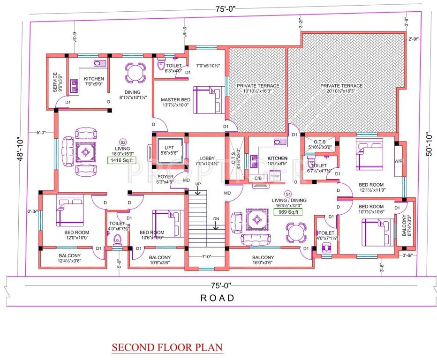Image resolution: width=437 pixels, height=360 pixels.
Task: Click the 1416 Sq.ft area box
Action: [121, 160]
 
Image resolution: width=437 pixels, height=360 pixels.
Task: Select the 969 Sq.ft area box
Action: [288, 211]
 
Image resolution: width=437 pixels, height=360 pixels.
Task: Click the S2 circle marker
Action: [123, 142]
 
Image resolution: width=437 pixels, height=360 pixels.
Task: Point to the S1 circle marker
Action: [287, 194]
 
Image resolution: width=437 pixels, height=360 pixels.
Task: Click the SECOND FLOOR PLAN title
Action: [167, 348]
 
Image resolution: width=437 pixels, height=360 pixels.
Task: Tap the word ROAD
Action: [217, 298]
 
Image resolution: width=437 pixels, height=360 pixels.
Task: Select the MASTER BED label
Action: [175, 100]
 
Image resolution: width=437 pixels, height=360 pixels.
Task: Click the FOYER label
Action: [165, 177]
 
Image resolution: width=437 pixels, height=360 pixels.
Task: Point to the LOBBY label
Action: [206, 158]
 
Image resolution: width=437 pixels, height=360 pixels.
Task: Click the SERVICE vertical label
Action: [55, 82]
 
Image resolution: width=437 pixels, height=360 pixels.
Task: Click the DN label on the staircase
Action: [216, 218]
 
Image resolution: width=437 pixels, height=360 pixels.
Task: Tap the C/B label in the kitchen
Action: [258, 178]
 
